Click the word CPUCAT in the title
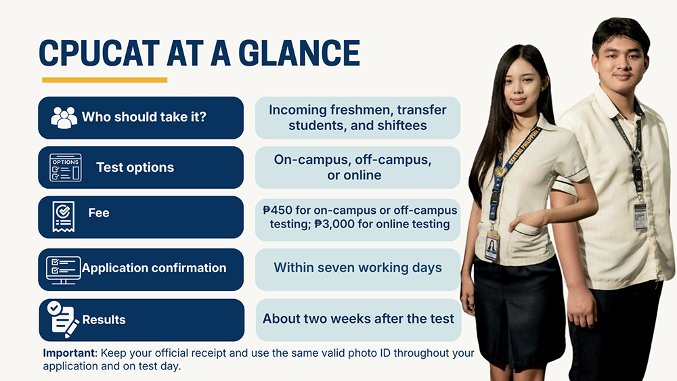[x=100, y=53]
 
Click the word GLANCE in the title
[x=299, y=53]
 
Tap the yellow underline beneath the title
[x=104, y=80]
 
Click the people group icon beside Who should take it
[x=64, y=117]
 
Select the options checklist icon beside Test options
[x=66, y=167]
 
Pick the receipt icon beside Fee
[x=64, y=217]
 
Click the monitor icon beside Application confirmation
[x=64, y=269]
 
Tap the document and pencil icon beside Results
[x=62, y=319]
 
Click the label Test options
[x=135, y=167]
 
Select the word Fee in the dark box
[x=98, y=212]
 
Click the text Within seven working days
[x=357, y=267]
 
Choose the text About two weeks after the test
[x=358, y=319]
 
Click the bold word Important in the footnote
[x=68, y=353]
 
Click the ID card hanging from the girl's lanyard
[x=492, y=245]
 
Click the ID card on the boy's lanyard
[x=640, y=216]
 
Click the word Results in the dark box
[x=104, y=319]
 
